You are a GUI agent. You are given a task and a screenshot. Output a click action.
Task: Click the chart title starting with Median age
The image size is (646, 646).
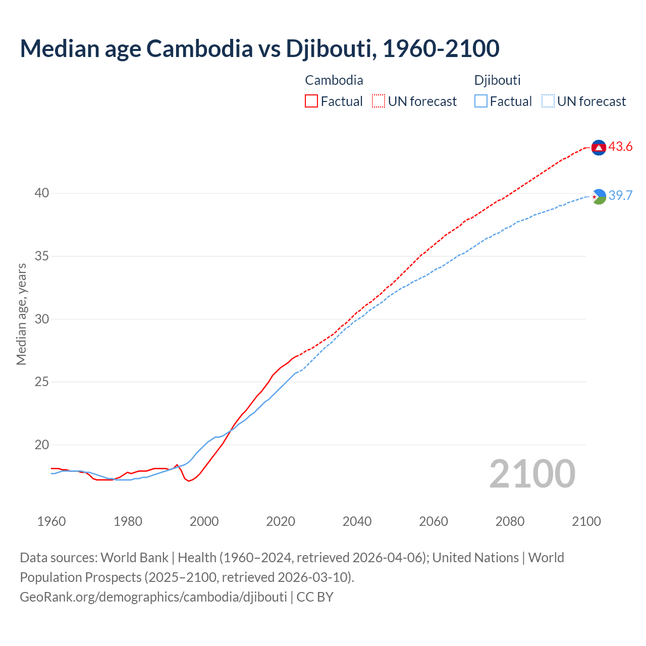point(259,48)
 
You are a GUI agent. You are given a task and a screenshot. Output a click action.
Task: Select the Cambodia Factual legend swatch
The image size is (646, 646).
point(311,101)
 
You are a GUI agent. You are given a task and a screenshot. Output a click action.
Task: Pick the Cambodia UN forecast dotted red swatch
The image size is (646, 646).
point(379,101)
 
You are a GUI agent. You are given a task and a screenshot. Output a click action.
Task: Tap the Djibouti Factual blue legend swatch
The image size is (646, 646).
point(481,101)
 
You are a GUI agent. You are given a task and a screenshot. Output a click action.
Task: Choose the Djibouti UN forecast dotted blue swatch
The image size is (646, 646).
point(548,101)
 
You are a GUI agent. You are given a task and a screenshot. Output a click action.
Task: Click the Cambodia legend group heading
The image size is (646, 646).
point(334,80)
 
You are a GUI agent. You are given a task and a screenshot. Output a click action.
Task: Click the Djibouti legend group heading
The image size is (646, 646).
point(497,80)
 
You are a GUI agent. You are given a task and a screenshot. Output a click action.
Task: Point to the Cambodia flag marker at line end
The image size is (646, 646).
point(599,147)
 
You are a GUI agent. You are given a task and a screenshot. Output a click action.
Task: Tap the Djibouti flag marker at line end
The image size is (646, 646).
point(599,196)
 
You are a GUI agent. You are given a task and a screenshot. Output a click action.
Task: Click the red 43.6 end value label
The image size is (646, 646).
point(620,147)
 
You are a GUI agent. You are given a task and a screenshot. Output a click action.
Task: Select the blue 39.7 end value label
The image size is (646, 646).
point(620,196)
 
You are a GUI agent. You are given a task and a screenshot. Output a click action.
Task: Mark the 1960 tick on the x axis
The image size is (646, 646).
point(51,521)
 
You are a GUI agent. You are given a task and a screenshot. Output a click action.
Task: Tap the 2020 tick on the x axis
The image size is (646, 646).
point(281,521)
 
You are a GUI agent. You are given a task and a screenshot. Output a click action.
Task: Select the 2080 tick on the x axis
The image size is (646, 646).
point(510,521)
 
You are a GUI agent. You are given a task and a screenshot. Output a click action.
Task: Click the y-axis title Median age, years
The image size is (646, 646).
point(21,314)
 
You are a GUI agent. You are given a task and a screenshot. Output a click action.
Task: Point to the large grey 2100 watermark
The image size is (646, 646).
point(532,474)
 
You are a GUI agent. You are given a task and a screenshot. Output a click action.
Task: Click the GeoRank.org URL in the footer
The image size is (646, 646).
point(153,597)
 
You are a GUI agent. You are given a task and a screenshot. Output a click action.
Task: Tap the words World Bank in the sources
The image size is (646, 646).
point(134,558)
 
